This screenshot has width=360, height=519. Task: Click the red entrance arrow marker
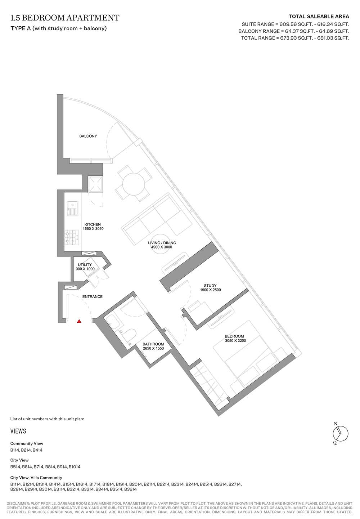click(79, 321)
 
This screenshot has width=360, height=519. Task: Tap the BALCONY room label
click(88, 136)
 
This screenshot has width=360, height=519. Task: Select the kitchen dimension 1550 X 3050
click(93, 229)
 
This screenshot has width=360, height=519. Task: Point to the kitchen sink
click(72, 208)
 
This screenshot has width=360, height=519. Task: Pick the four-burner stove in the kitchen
click(72, 237)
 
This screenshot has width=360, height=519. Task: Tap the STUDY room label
click(210, 286)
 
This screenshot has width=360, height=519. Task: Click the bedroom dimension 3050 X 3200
click(235, 341)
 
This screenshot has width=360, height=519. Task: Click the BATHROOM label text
click(153, 344)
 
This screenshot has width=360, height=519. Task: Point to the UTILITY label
click(85, 265)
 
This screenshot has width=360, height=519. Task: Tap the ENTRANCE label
click(93, 296)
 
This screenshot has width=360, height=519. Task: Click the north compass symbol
click(341, 434)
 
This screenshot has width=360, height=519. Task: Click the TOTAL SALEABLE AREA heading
click(319, 17)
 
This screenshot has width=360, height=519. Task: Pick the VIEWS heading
click(18, 431)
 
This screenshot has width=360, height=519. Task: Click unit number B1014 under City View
click(75, 467)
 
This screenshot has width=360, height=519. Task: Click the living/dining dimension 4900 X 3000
click(162, 247)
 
